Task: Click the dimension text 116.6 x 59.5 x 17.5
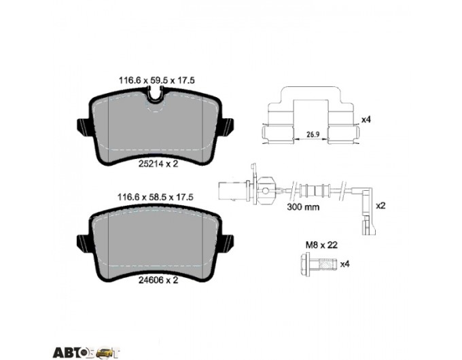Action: click(x=156, y=80)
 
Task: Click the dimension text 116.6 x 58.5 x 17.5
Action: click(x=156, y=198)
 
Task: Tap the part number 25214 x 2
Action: click(x=158, y=164)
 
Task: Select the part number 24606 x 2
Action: click(x=158, y=280)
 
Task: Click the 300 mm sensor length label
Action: click(x=303, y=206)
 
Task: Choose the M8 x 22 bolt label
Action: click(x=321, y=245)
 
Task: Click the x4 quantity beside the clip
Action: click(x=366, y=120)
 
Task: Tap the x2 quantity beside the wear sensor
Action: click(x=380, y=206)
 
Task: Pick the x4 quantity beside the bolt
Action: click(x=344, y=264)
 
